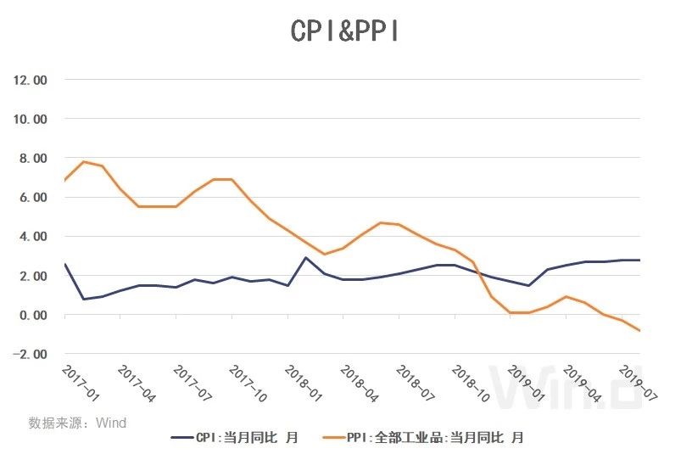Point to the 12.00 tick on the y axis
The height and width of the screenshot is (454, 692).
point(30,80)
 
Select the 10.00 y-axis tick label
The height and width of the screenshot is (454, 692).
point(30,119)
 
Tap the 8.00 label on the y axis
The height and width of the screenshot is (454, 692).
point(32,158)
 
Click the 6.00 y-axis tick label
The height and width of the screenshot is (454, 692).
point(32,197)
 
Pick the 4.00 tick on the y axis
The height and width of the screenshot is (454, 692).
point(32,236)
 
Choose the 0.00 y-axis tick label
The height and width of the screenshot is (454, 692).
point(32,315)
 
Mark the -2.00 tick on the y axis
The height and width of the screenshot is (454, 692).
point(30,354)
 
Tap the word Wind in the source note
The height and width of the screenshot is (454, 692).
point(111,422)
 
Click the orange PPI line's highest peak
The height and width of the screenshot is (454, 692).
point(83,161)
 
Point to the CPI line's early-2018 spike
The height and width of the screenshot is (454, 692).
point(305,257)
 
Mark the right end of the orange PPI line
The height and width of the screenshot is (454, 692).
point(639,330)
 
